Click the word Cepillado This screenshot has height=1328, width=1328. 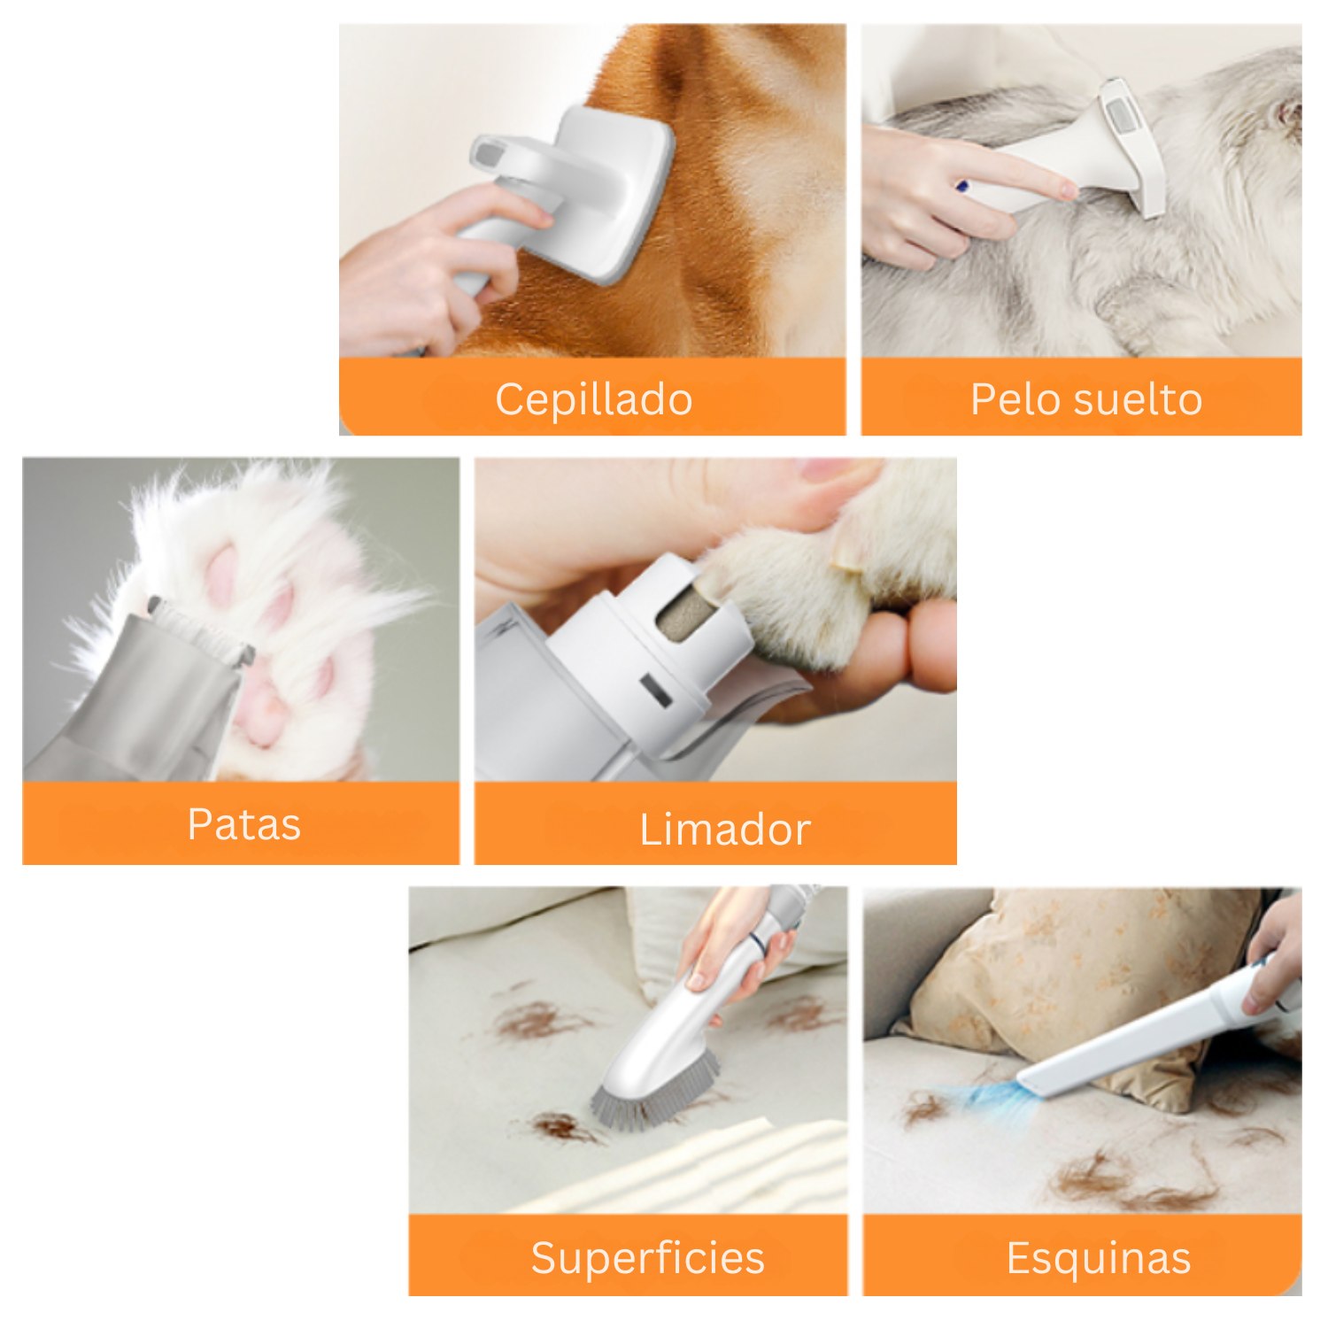[x=593, y=399]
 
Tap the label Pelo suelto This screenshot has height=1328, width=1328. [x=1086, y=399]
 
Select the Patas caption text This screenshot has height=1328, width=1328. [x=244, y=824]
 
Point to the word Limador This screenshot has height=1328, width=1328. [x=725, y=830]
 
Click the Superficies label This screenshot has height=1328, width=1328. [x=647, y=1257]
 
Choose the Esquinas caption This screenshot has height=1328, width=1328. [x=1099, y=1258]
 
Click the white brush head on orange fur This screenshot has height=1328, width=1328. [x=611, y=195]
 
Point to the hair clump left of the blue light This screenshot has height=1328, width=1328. [x=925, y=1107]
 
